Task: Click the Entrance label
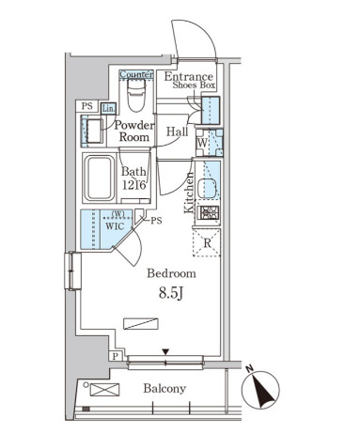coord(188,76)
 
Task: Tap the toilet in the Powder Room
coord(136,94)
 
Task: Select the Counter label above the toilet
coord(136,74)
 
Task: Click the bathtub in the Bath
coord(99,178)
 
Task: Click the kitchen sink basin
coord(207,188)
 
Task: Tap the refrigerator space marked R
coord(207,242)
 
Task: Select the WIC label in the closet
coord(115,226)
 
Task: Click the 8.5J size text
coord(171,293)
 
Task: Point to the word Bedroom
coord(172,273)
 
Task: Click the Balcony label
coord(164,389)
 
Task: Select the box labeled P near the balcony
coord(116,356)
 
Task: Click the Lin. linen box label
coord(108,109)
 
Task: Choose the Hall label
coord(178,131)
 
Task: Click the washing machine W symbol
coord(202,143)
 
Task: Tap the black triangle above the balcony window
coord(165,352)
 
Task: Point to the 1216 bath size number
coord(134,185)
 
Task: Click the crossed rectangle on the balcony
coord(104,390)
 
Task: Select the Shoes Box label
coord(194,85)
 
